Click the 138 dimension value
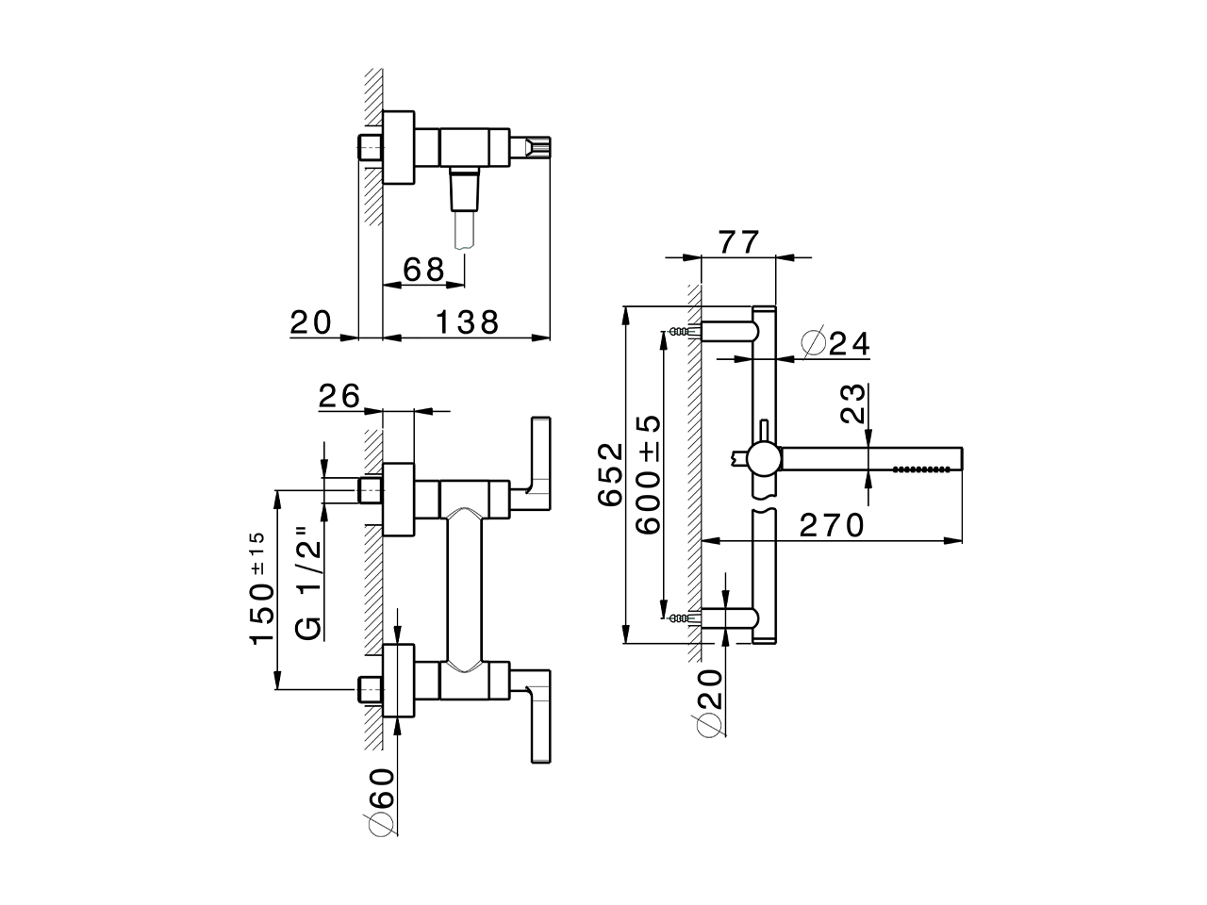[x=467, y=322]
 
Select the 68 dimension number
[x=423, y=270]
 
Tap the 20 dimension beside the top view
[x=311, y=322]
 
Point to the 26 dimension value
[x=340, y=396]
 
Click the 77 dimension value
[x=738, y=242]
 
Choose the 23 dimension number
[x=852, y=403]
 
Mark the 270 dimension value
[x=832, y=525]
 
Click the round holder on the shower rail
[x=762, y=460]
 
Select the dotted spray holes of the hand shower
[x=921, y=469]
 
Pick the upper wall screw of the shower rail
[x=679, y=332]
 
